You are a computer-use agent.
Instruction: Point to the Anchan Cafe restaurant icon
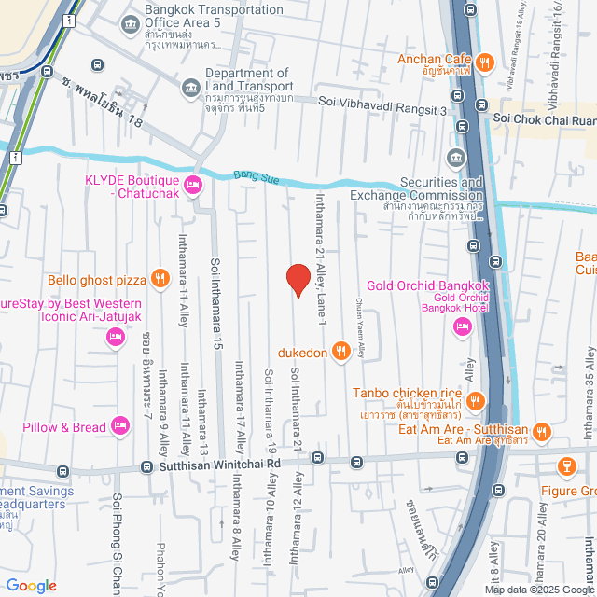(484, 62)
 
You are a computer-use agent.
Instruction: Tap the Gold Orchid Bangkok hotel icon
(461, 326)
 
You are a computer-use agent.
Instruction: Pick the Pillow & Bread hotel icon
(119, 426)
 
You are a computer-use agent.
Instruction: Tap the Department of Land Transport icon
(191, 86)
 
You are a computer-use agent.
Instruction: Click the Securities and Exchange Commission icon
(455, 156)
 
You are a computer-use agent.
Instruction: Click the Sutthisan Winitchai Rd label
(219, 463)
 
